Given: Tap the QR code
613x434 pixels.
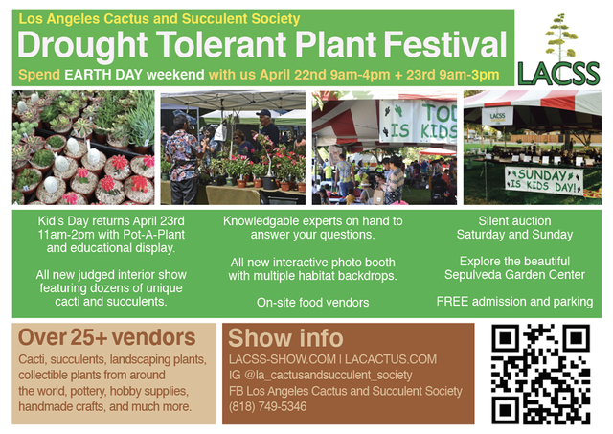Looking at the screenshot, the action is click(x=540, y=375).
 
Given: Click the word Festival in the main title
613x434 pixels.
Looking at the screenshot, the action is click(x=444, y=45).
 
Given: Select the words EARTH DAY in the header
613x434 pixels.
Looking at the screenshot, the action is click(x=103, y=75).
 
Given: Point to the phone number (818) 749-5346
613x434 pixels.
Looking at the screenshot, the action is click(x=268, y=406).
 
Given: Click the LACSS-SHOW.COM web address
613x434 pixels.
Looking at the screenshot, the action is click(x=283, y=359).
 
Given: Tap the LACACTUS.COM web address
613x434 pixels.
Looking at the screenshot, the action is click(x=391, y=359).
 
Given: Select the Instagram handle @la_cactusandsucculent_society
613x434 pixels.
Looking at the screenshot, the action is click(x=328, y=376).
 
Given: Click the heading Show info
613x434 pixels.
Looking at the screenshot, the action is click(x=285, y=338).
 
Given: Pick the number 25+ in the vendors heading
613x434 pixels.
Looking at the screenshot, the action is click(x=89, y=337).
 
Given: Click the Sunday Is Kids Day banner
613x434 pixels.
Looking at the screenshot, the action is click(x=544, y=181).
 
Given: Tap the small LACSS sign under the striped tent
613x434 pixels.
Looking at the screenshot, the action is click(x=497, y=116).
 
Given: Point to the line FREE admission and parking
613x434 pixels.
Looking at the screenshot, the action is click(x=514, y=302).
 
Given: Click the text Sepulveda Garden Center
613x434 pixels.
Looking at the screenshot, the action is click(x=514, y=274).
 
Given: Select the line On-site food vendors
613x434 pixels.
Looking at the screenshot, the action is click(x=313, y=302).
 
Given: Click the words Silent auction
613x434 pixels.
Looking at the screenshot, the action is click(x=514, y=221).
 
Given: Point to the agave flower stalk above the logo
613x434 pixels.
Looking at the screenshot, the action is click(x=560, y=36).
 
